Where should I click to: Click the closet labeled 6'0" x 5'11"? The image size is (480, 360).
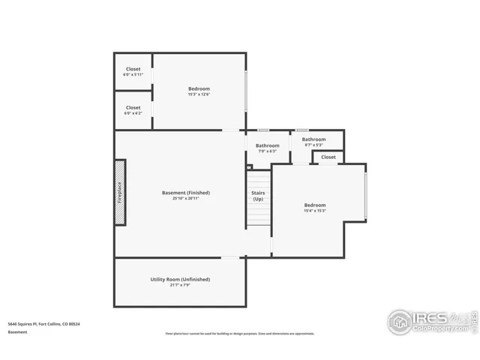tap(133, 72)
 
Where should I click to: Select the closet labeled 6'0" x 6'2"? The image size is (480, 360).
tap(133, 110)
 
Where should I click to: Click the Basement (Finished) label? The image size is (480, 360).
tap(185, 193)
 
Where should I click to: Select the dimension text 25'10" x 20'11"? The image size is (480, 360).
tap(185, 199)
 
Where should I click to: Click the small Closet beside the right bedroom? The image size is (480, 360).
tap(328, 157)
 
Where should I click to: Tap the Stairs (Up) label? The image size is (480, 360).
tap(257, 196)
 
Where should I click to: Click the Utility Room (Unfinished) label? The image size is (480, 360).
tap(180, 279)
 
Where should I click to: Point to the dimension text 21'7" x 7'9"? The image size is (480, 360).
tap(180, 286)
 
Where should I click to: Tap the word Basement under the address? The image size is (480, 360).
tap(19, 331)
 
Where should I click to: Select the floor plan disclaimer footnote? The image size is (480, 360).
tap(240, 334)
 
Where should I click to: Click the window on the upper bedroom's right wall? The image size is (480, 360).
tap(246, 91)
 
